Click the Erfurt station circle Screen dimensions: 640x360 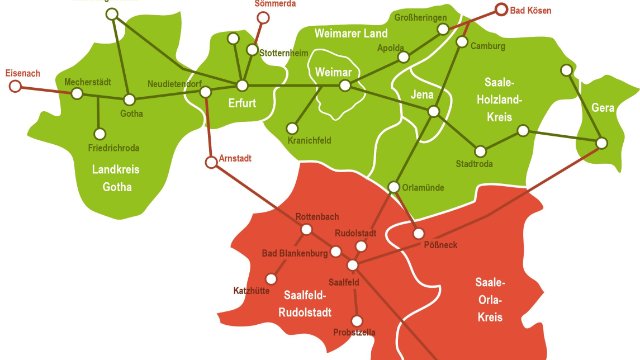click(242, 86)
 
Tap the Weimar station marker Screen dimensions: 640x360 click(345, 87)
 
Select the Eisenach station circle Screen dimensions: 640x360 click(15, 87)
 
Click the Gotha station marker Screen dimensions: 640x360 click(128, 98)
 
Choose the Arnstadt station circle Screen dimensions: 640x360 click(210, 161)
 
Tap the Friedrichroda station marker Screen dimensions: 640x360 click(99, 133)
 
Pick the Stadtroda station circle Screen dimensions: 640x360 click(481, 152)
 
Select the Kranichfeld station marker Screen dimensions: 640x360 click(292, 127)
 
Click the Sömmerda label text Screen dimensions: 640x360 click(275, 4)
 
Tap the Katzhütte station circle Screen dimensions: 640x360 click(270, 278)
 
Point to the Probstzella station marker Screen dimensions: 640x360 click(356, 321)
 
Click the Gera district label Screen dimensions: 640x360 click(603, 107)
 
